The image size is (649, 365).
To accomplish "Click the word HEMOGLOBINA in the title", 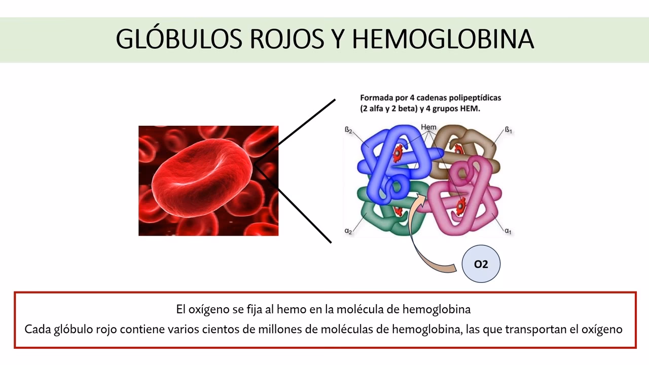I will (x=443, y=39).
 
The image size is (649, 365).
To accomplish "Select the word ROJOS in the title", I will (x=282, y=39).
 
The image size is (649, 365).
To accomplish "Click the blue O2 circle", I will (x=481, y=264).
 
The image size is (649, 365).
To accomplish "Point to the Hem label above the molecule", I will (x=428, y=127).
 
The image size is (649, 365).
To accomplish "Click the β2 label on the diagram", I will (x=349, y=130).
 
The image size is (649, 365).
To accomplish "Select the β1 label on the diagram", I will (x=508, y=130).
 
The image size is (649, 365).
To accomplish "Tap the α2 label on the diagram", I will (x=348, y=231).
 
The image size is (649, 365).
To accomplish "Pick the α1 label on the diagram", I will (x=508, y=231).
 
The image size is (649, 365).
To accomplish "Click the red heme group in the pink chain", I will (x=460, y=205).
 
